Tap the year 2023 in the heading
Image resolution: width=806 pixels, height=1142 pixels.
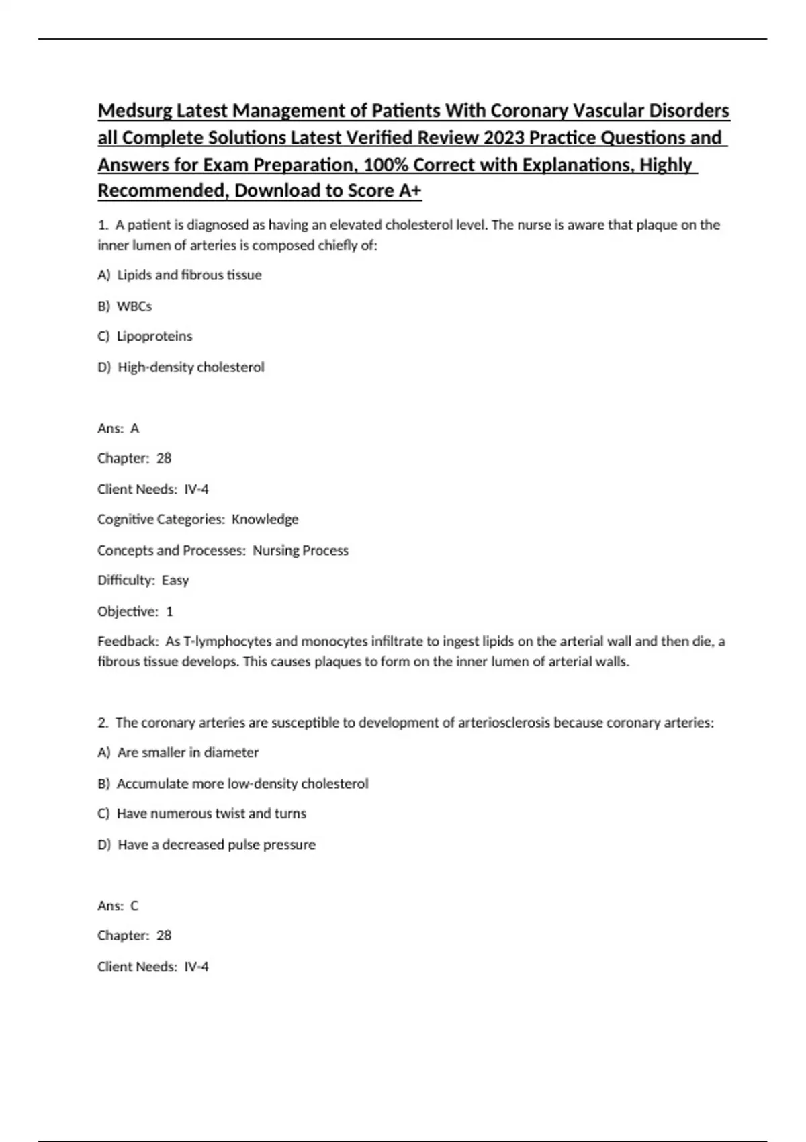point(503,138)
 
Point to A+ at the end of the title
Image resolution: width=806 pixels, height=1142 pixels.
point(410,191)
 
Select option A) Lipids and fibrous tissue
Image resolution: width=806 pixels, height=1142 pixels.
point(179,275)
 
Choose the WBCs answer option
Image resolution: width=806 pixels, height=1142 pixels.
point(134,306)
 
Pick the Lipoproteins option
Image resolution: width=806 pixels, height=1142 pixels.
point(154,336)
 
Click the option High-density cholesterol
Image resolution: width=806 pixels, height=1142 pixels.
point(191,367)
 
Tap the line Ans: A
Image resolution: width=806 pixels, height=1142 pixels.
point(118,429)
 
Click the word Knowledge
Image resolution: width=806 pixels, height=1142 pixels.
point(265,519)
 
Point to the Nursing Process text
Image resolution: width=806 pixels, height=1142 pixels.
point(300,551)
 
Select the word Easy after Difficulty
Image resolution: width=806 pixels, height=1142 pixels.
point(175,580)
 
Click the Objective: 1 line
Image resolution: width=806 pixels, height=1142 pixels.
point(135,611)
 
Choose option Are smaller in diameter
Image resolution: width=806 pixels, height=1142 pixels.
point(187,753)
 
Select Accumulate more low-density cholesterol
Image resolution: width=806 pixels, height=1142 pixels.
point(242,784)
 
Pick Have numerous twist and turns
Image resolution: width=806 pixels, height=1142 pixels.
point(211,814)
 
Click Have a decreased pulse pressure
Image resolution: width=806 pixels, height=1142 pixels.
point(216,845)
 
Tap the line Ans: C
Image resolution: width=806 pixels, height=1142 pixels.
point(118,906)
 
